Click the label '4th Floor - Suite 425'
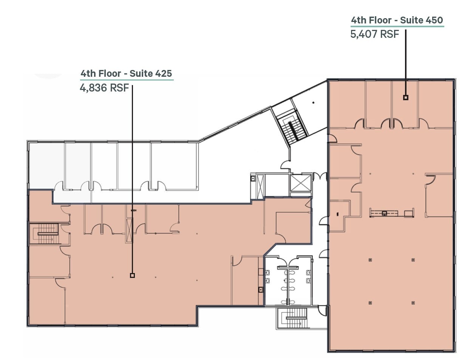127,73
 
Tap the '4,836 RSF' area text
104,88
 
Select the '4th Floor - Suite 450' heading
397,20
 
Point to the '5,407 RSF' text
374,34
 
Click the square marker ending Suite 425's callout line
132,275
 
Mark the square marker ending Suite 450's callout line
405,97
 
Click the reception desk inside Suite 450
391,213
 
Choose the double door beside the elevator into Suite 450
321,176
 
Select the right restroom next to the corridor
300,280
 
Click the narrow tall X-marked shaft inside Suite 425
130,230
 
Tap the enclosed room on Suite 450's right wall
439,195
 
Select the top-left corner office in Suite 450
347,104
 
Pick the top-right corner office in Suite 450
435,104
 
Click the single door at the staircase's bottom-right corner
322,310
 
